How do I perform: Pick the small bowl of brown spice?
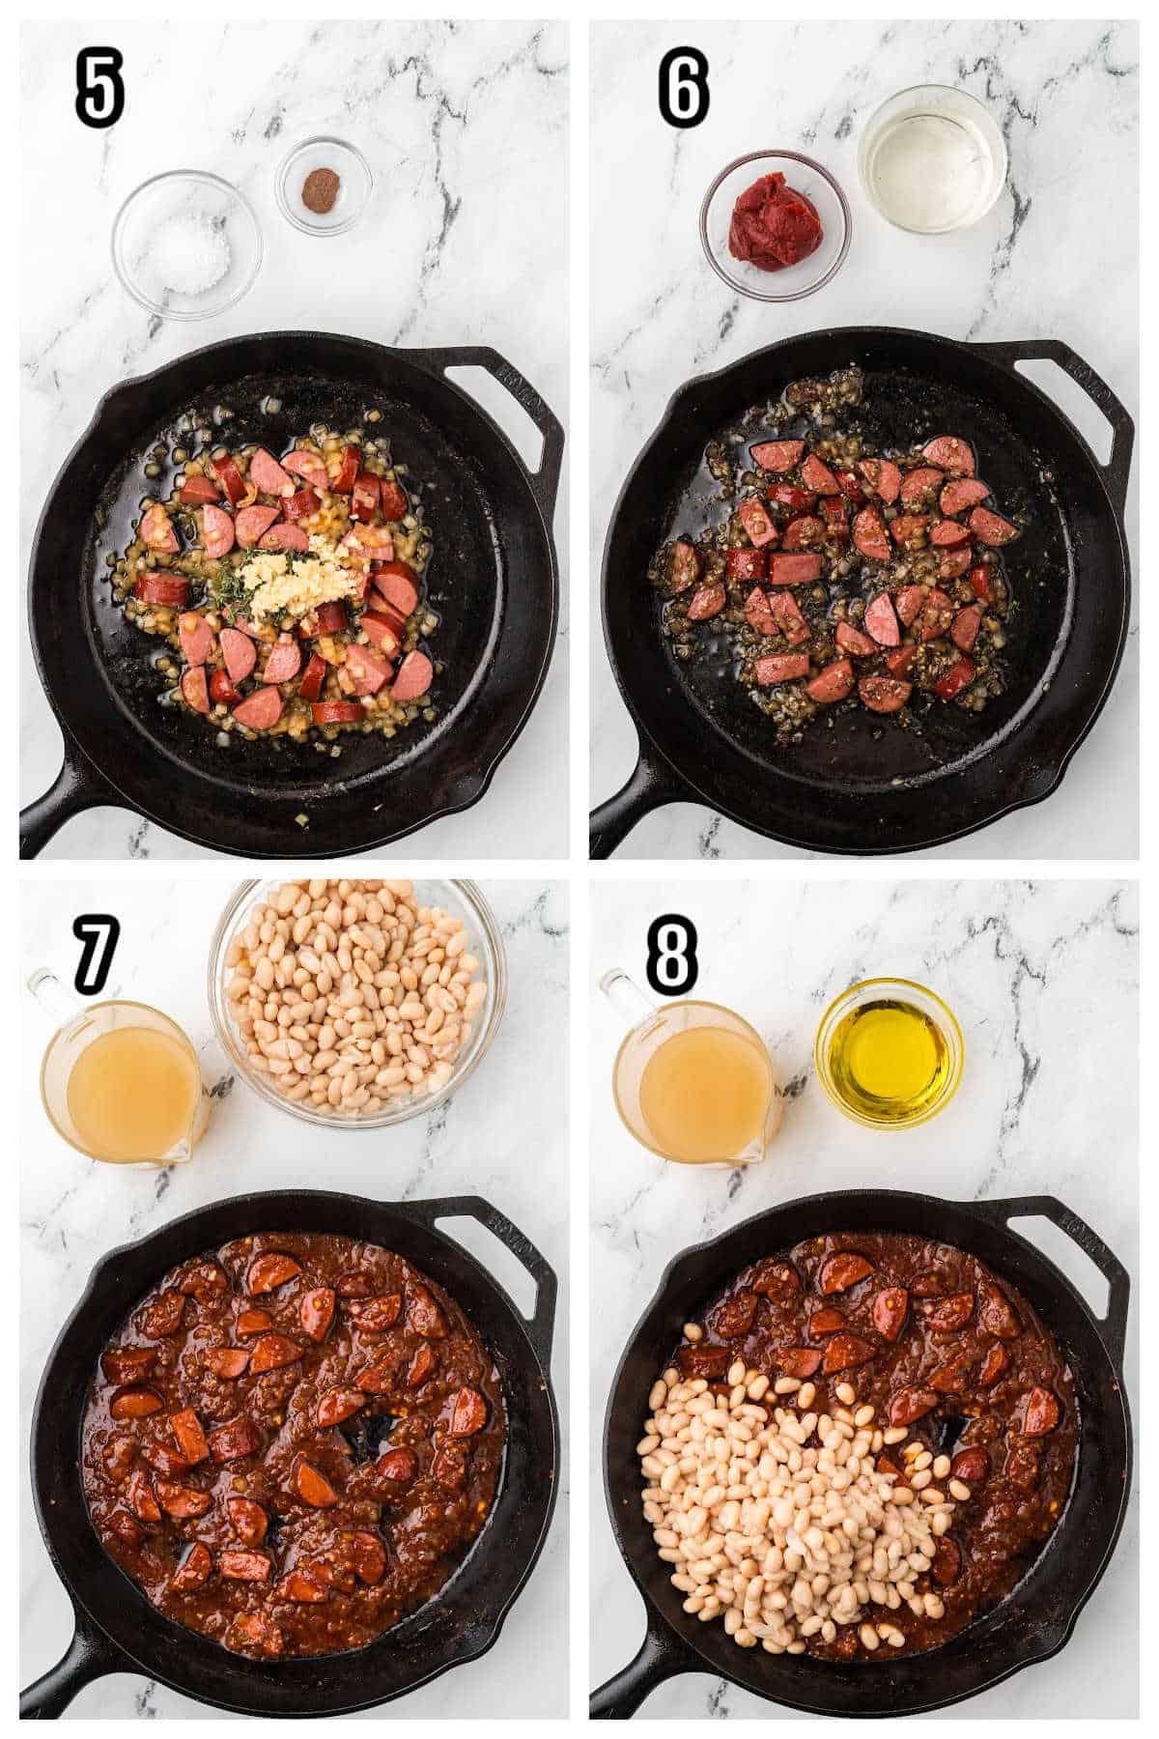pos(323,184)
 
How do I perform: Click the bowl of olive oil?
pos(889,1051)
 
